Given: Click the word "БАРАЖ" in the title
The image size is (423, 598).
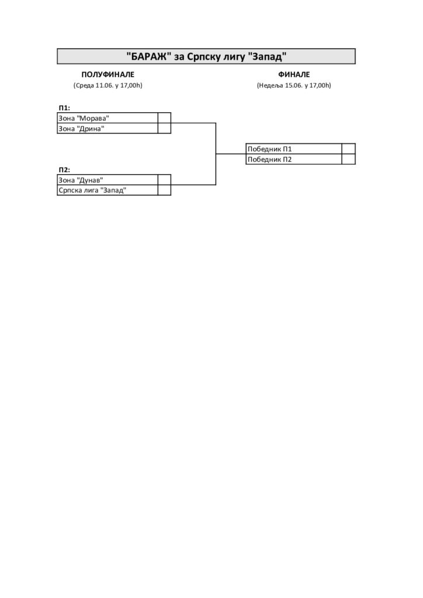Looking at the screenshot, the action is coord(148,57).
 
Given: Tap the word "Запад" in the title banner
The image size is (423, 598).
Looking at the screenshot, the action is coord(267,57).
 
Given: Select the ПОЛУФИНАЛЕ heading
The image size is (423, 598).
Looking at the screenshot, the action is coord(108,74).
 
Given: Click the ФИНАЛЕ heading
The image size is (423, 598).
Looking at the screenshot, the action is coord(294,74).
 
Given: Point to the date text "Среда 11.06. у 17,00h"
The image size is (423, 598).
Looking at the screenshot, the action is coord(108,85).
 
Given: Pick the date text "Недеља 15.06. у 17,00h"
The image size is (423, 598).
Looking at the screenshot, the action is coord(294,85).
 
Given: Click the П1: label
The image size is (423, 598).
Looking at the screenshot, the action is coord(64,108).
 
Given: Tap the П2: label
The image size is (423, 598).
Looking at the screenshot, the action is coord(64,170).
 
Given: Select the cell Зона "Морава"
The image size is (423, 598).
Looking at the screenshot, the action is coord(108,118).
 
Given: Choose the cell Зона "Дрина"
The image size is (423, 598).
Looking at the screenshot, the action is coord(108,128).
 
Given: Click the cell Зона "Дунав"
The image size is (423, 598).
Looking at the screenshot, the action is coord(108,180).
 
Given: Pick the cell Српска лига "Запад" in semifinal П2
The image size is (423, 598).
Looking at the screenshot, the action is coord(108,190).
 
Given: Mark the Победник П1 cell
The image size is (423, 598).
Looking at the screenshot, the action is coord(294,149).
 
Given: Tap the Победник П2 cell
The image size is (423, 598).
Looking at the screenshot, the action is coord(294,159).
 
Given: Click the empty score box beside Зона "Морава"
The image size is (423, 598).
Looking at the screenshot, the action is coord(164,118).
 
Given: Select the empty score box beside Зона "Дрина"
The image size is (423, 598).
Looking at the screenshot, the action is coord(164,128).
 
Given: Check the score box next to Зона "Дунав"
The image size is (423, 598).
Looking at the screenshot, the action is coord(164,180).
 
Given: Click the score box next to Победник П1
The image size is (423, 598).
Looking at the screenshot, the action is coord(349,149).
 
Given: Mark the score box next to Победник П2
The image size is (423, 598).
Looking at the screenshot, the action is coord(349,159).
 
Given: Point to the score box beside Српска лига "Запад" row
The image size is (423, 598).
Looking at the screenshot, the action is coord(164,190).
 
